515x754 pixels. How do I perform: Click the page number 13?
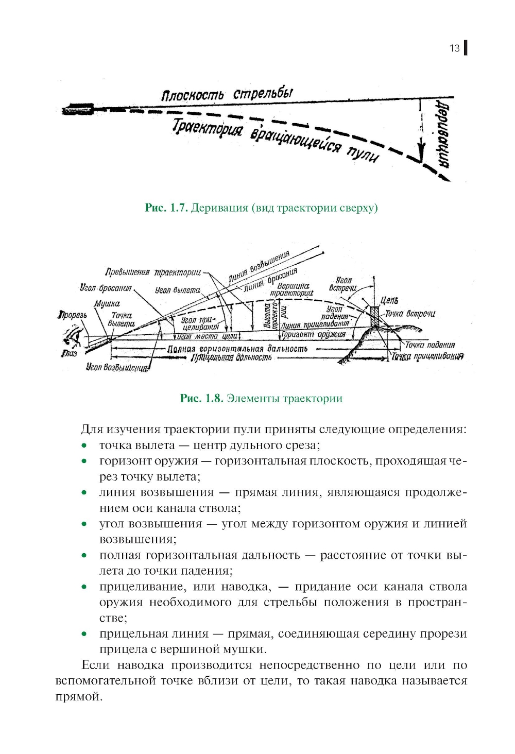pos(454,48)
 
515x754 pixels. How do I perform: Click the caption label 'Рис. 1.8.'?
pos(201,398)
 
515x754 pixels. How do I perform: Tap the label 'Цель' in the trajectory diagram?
pos(389,300)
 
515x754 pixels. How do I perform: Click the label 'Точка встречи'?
pos(410,314)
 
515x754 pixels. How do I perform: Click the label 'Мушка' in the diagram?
pos(107,304)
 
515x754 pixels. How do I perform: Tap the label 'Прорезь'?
pos(73,315)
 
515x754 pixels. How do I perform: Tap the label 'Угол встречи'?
pos(343,284)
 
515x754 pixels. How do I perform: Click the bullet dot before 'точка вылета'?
pos(84,445)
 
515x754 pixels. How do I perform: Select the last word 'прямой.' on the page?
pos(79,697)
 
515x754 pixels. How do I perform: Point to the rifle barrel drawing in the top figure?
pos(77,109)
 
